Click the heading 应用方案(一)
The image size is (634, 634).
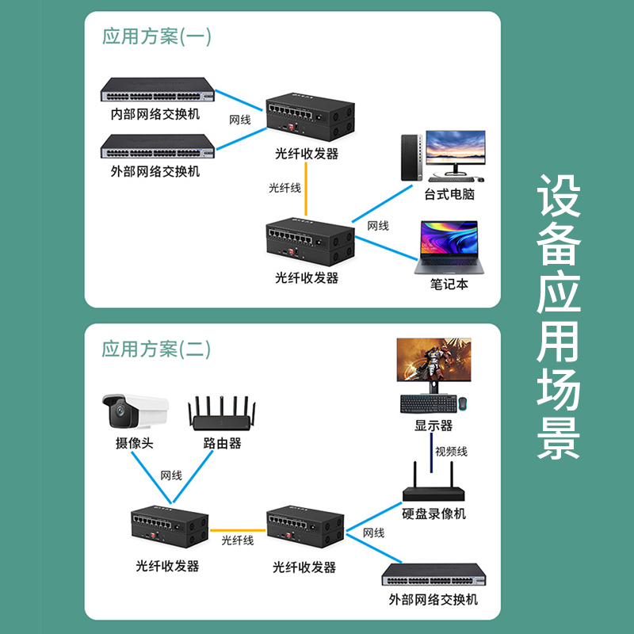click(x=157, y=36)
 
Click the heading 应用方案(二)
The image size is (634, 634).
click(x=157, y=349)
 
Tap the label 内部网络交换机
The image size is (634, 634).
click(x=155, y=114)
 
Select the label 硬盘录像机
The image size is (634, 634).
click(x=434, y=514)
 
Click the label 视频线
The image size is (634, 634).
click(x=451, y=452)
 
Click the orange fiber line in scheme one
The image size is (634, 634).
click(x=306, y=189)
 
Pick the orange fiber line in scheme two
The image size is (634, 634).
click(x=237, y=529)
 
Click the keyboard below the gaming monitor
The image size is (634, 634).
click(x=427, y=403)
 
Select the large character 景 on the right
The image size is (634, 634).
click(x=559, y=434)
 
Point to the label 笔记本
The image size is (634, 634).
click(x=449, y=284)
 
